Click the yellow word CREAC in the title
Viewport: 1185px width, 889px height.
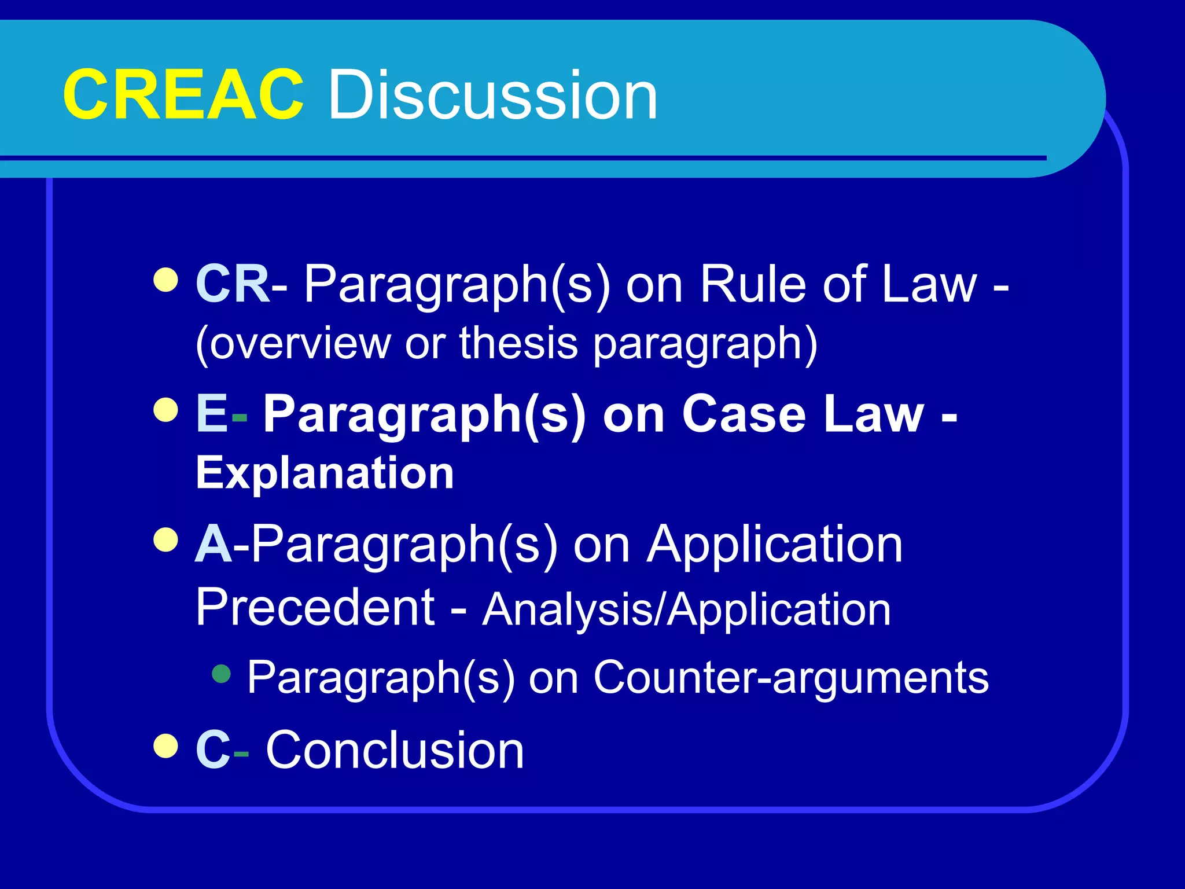tap(183, 94)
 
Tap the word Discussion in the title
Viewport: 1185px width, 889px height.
tap(493, 94)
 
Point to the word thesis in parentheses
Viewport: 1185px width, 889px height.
tap(518, 343)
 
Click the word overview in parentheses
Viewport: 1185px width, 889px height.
tap(300, 343)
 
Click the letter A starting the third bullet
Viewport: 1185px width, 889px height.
tap(214, 544)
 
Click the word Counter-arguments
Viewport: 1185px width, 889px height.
tap(791, 677)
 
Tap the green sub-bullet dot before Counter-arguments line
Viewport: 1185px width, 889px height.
tap(222, 674)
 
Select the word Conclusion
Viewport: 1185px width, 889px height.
tap(395, 750)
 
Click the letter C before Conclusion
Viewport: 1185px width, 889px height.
tap(212, 750)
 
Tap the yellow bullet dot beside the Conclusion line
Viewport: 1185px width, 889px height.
tap(166, 746)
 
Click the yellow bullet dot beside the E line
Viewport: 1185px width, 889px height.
tap(166, 410)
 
